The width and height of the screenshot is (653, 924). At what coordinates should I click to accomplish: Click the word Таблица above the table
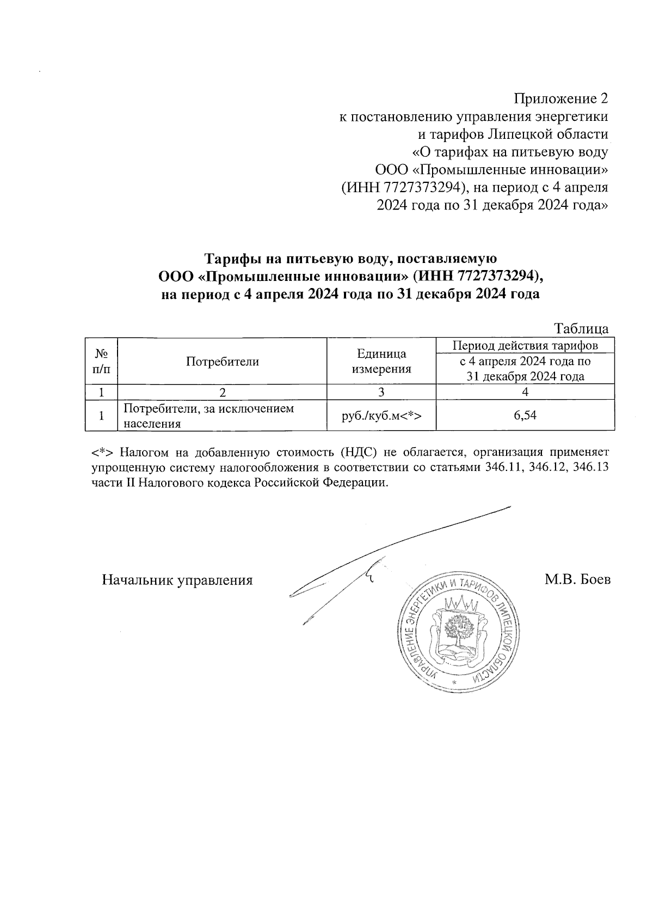(x=581, y=329)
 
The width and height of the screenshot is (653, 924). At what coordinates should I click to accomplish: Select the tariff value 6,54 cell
(x=525, y=415)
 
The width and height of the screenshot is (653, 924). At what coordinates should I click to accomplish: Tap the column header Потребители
(x=222, y=361)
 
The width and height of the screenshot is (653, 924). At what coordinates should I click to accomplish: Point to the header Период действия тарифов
(x=525, y=346)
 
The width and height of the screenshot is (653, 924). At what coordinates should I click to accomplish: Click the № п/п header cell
(x=101, y=361)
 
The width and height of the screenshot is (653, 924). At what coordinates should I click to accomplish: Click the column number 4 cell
(x=525, y=391)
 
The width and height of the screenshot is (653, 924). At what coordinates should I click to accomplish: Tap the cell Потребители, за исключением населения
(x=209, y=415)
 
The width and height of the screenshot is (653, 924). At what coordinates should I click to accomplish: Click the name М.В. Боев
(x=577, y=579)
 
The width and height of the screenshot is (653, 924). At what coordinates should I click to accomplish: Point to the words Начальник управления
(x=177, y=579)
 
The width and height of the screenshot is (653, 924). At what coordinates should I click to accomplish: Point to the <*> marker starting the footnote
(x=102, y=452)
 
